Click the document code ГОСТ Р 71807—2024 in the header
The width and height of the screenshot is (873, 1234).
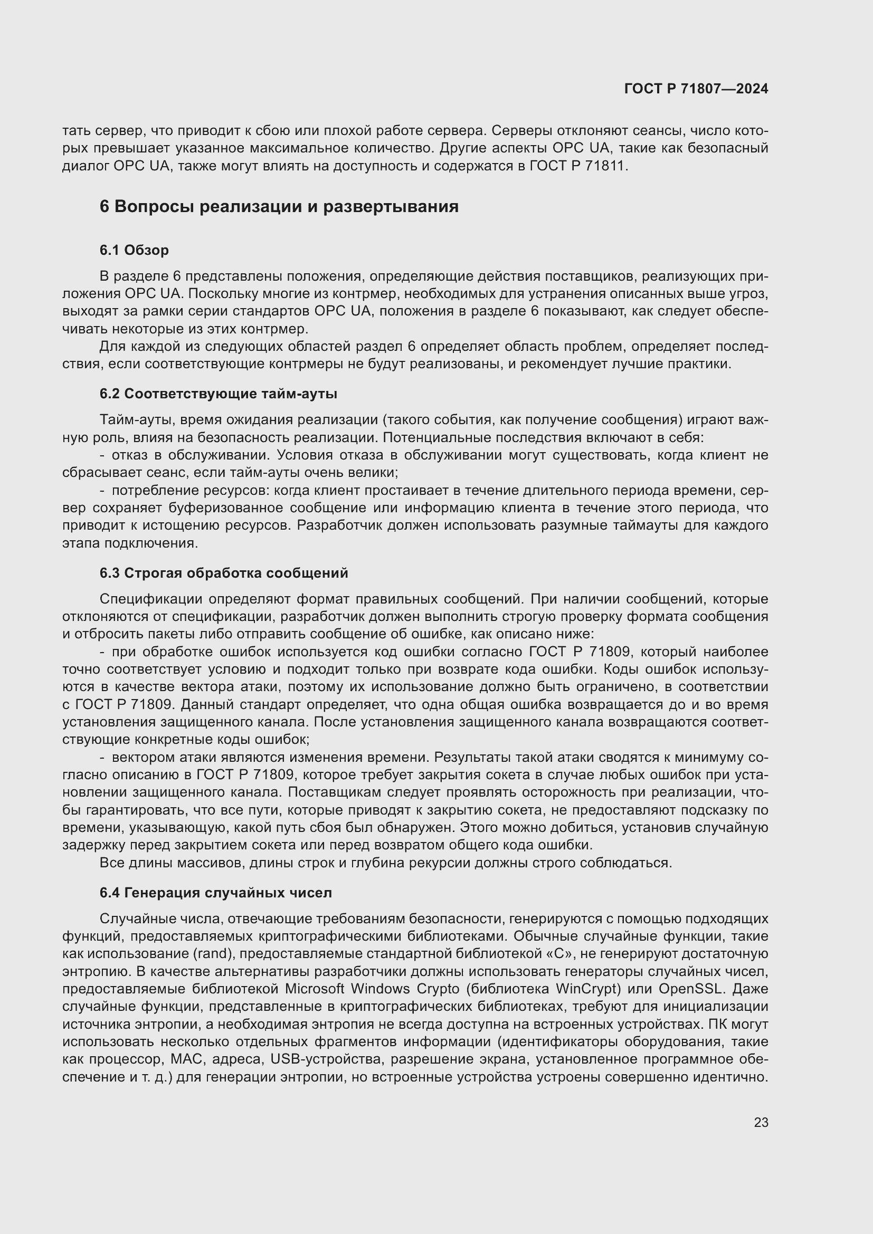pyautogui.click(x=696, y=89)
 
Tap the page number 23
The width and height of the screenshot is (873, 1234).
pyautogui.click(x=761, y=1122)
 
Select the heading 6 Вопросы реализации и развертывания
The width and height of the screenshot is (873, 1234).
pyautogui.click(x=279, y=206)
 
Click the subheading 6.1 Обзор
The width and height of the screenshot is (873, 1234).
pyautogui.click(x=134, y=250)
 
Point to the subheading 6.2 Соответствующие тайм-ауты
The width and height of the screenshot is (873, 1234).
pyautogui.click(x=219, y=394)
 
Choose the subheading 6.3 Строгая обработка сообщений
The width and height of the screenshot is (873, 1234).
pyautogui.click(x=224, y=573)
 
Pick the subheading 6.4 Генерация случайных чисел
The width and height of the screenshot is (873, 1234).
pyautogui.click(x=215, y=893)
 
